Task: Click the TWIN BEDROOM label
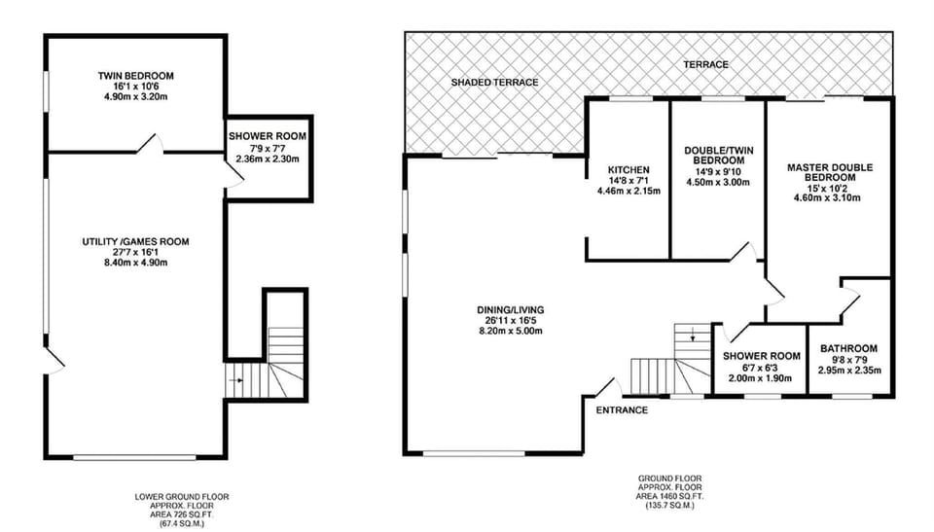136,76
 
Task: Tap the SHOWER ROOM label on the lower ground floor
268,136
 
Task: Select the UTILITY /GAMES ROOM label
136,242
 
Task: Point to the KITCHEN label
629,170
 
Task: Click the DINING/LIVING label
511,310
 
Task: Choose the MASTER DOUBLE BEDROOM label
830,173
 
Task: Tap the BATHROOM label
848,349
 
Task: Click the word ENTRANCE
622,410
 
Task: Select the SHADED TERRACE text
494,83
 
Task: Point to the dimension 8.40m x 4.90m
136,263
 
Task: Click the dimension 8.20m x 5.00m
511,332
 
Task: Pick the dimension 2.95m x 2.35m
849,370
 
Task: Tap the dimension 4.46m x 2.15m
629,192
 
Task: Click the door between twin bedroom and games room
150,144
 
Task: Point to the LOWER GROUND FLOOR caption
182,496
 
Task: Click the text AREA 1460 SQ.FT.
670,496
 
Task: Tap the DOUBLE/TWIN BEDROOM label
718,156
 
